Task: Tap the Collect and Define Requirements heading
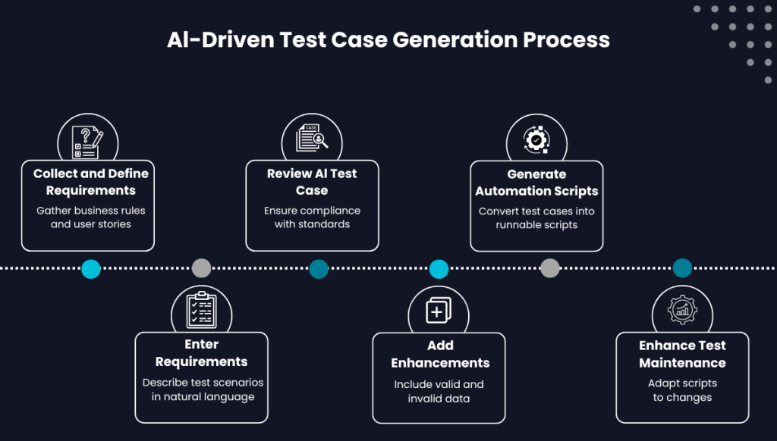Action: [x=90, y=182]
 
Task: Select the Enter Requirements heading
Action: [x=201, y=353]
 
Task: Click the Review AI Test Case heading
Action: [x=312, y=182]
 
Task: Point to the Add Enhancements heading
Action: [x=440, y=354]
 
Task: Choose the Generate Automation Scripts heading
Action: [x=536, y=183]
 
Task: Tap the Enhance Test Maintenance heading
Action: [x=682, y=354]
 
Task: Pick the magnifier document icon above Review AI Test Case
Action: [x=312, y=141]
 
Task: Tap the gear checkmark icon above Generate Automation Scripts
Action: [x=536, y=140]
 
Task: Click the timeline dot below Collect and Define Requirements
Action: [x=91, y=268]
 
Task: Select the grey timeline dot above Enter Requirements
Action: [x=201, y=268]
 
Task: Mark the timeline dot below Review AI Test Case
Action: [x=319, y=268]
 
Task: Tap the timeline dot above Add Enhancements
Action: [x=439, y=268]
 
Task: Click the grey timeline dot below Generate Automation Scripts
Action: [x=550, y=268]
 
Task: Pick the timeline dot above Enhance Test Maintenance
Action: [x=682, y=268]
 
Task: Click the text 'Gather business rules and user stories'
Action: [x=90, y=217]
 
